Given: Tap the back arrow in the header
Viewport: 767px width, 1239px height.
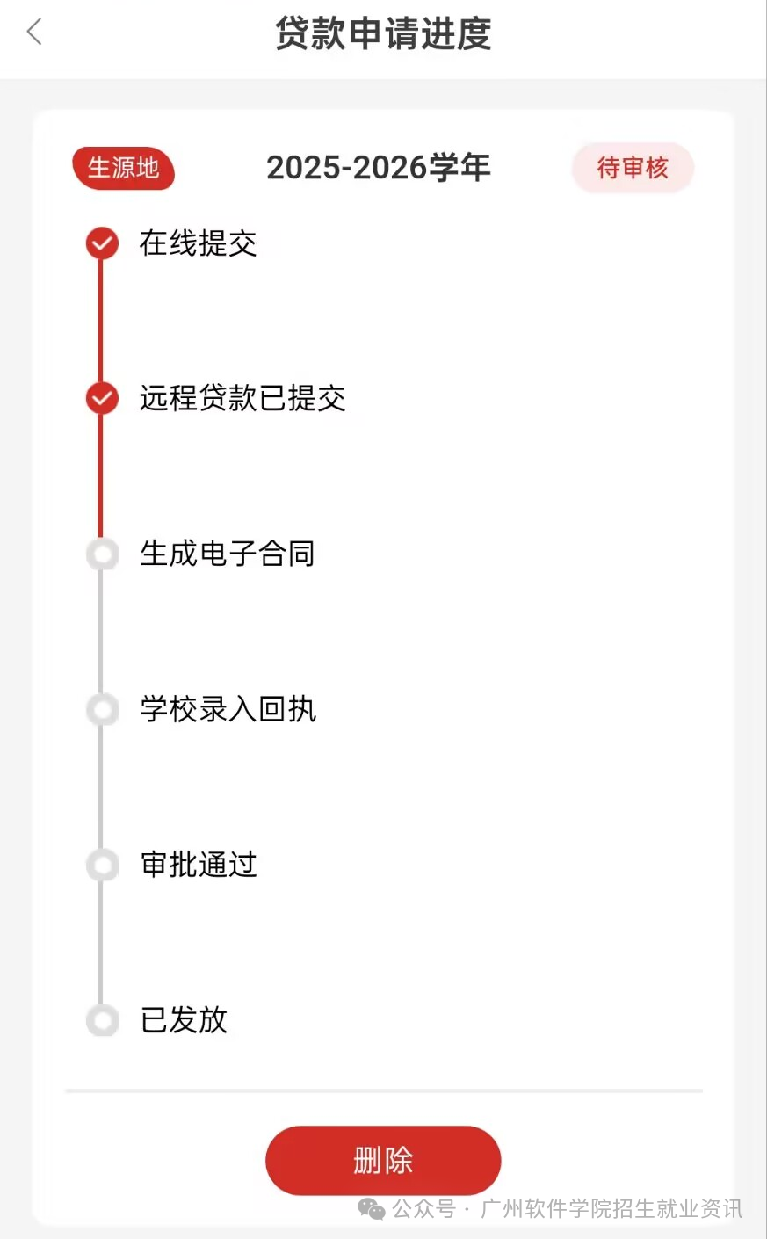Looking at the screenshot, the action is [34, 33].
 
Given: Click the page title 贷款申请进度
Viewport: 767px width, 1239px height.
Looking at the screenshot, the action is [383, 34].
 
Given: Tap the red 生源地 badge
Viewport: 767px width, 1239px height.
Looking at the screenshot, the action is [123, 168].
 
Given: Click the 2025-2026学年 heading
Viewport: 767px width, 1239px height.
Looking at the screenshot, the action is [379, 168].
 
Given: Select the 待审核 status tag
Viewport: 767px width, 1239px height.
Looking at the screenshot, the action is [633, 168].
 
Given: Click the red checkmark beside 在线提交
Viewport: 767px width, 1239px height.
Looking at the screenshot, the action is [102, 243].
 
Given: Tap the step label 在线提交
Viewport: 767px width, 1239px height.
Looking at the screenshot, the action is [198, 243].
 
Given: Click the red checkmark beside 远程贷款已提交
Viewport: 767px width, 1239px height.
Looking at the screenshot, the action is [102, 398].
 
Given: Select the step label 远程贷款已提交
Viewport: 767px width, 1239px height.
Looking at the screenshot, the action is [242, 398].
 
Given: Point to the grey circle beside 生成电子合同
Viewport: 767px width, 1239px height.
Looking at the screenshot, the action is [103, 554].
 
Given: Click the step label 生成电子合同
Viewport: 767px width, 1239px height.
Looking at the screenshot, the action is [228, 554].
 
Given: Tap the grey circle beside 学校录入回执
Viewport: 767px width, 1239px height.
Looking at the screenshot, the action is [103, 709].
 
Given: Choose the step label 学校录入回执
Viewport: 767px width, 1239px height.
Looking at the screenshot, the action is [228, 709].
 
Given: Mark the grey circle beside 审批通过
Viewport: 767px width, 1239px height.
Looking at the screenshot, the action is [103, 865].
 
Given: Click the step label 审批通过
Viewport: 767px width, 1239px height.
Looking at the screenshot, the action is [199, 865].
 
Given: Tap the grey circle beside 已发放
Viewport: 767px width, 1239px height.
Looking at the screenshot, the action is [103, 1020].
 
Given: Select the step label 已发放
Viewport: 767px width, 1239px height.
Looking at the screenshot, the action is [184, 1020].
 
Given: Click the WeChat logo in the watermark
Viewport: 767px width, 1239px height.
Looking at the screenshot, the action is [372, 1210].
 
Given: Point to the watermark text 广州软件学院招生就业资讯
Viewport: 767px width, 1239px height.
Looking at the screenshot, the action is [611, 1209].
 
